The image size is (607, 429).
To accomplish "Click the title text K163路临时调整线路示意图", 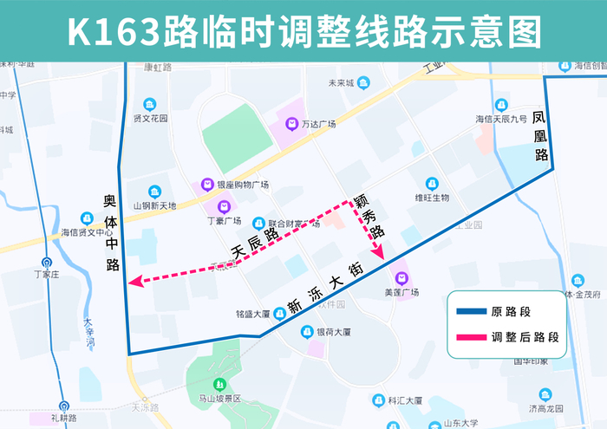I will click(x=303, y=31).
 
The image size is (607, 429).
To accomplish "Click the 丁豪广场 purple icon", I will click(x=224, y=206).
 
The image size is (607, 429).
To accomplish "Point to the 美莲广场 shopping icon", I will click(x=401, y=278).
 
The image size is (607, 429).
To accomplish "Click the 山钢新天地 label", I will click(x=154, y=205).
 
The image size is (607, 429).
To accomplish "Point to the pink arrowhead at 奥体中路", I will click(x=134, y=281).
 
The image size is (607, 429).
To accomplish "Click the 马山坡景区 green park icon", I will click(x=219, y=383).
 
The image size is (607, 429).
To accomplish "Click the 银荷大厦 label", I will click(x=333, y=331).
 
